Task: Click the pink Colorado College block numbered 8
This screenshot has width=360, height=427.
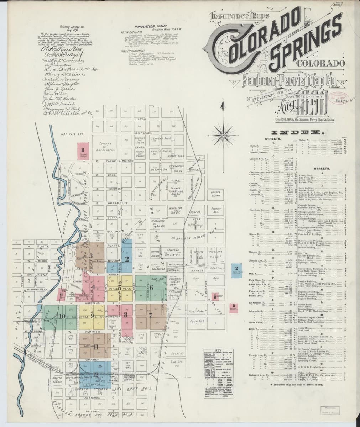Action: pyautogui.click(x=83, y=151)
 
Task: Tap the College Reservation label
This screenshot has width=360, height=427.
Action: pyautogui.click(x=104, y=147)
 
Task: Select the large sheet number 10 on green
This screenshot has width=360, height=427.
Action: pyautogui.click(x=63, y=316)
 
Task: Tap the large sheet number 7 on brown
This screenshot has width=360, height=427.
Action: pyautogui.click(x=151, y=315)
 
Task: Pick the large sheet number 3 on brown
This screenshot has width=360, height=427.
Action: pyautogui.click(x=91, y=255)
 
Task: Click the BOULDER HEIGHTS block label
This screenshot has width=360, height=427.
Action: pyautogui.click(x=215, y=194)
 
